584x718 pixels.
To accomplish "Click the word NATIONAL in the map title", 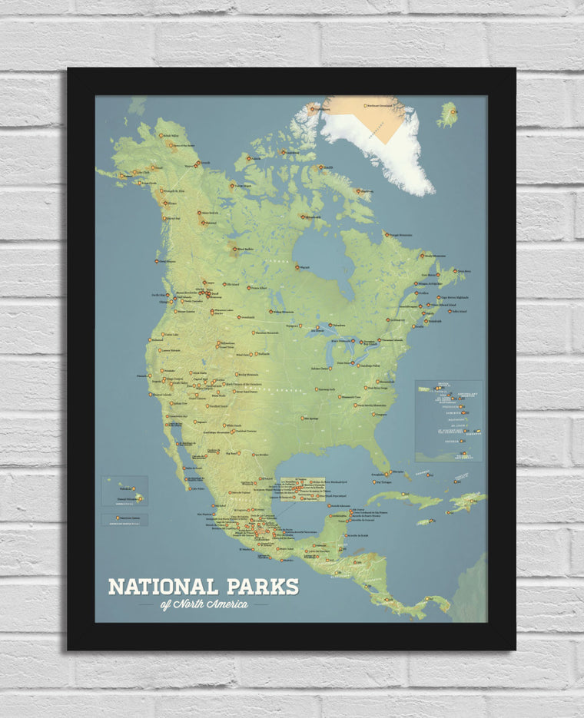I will click(x=163, y=587).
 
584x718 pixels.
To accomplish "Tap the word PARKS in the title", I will click(x=261, y=587).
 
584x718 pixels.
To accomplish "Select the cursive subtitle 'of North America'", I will click(x=204, y=604).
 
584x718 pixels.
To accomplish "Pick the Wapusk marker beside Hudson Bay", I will click(x=297, y=267).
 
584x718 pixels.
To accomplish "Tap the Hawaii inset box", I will click(x=124, y=490).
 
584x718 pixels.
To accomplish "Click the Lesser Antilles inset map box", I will click(x=449, y=420).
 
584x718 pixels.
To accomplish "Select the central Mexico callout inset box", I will click(x=302, y=490).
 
